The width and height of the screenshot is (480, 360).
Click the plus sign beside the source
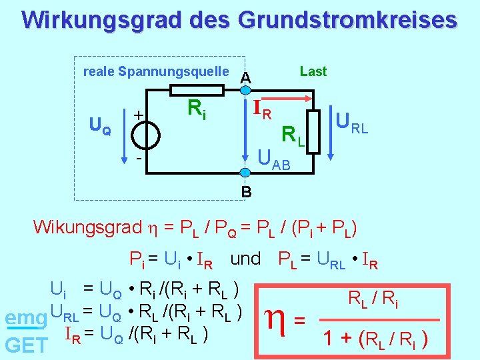click(139, 115)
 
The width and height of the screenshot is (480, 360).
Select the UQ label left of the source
click(101, 125)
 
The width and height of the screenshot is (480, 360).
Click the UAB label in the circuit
click(274, 160)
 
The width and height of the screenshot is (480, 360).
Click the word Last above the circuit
click(313, 71)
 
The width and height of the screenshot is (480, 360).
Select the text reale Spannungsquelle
click(155, 71)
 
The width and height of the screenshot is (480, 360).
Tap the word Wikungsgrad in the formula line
click(87, 227)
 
